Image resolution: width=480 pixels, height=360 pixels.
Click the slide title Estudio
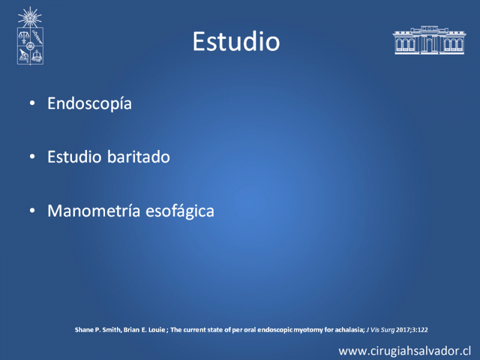coord(236,41)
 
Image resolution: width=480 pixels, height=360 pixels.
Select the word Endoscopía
coord(89,103)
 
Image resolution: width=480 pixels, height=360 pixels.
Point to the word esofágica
coord(179,211)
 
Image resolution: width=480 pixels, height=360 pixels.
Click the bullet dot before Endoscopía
coord(32,103)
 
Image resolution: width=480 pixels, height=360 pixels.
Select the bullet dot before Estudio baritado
coord(32,157)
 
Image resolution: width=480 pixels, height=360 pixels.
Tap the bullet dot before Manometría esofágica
coord(32,211)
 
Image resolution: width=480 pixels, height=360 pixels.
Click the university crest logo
coord(30,36)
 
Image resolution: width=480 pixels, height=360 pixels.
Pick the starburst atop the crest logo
coord(29,17)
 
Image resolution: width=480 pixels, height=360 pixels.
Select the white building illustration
coord(429,40)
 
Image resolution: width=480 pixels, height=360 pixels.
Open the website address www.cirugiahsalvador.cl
coord(404,351)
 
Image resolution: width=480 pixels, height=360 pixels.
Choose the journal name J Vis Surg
coord(380,330)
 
